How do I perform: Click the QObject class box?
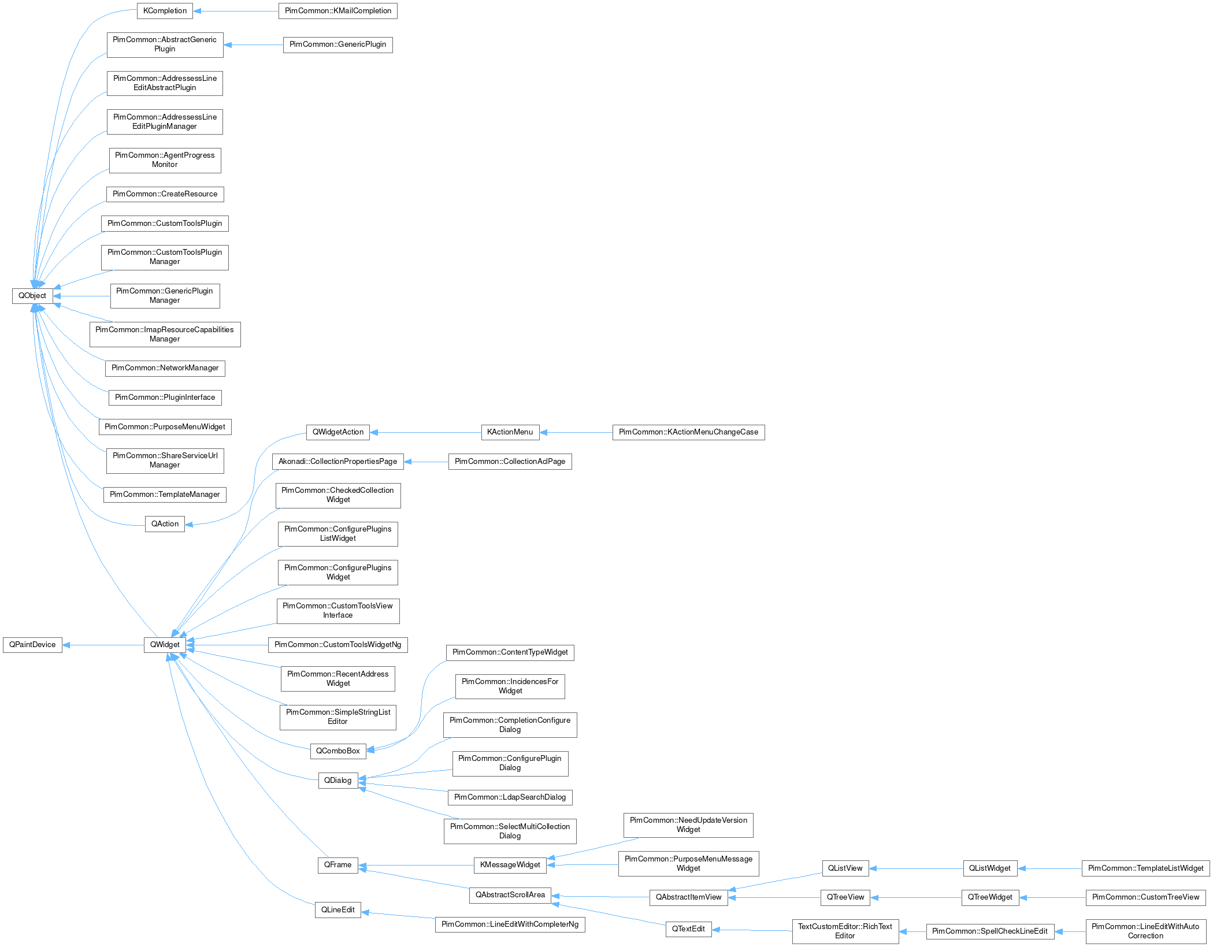coord(32,296)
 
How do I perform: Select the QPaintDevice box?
coord(32,645)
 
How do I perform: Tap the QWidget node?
coord(165,645)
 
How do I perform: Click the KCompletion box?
coord(165,11)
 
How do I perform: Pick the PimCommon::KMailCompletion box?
coord(337,11)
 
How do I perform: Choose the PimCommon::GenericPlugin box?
coord(337,44)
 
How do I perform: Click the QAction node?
coord(165,524)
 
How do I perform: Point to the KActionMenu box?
coord(510,432)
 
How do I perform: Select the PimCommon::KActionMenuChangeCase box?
coord(688,432)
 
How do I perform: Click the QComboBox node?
coord(337,751)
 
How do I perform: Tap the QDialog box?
coord(337,781)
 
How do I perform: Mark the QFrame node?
coord(337,865)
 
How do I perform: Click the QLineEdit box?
coord(337,910)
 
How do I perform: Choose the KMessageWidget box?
coord(510,865)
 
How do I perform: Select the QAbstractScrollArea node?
coord(510,895)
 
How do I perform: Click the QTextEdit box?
coord(688,929)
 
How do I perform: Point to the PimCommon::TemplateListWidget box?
coord(1145,868)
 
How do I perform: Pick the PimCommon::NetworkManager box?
coord(165,368)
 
